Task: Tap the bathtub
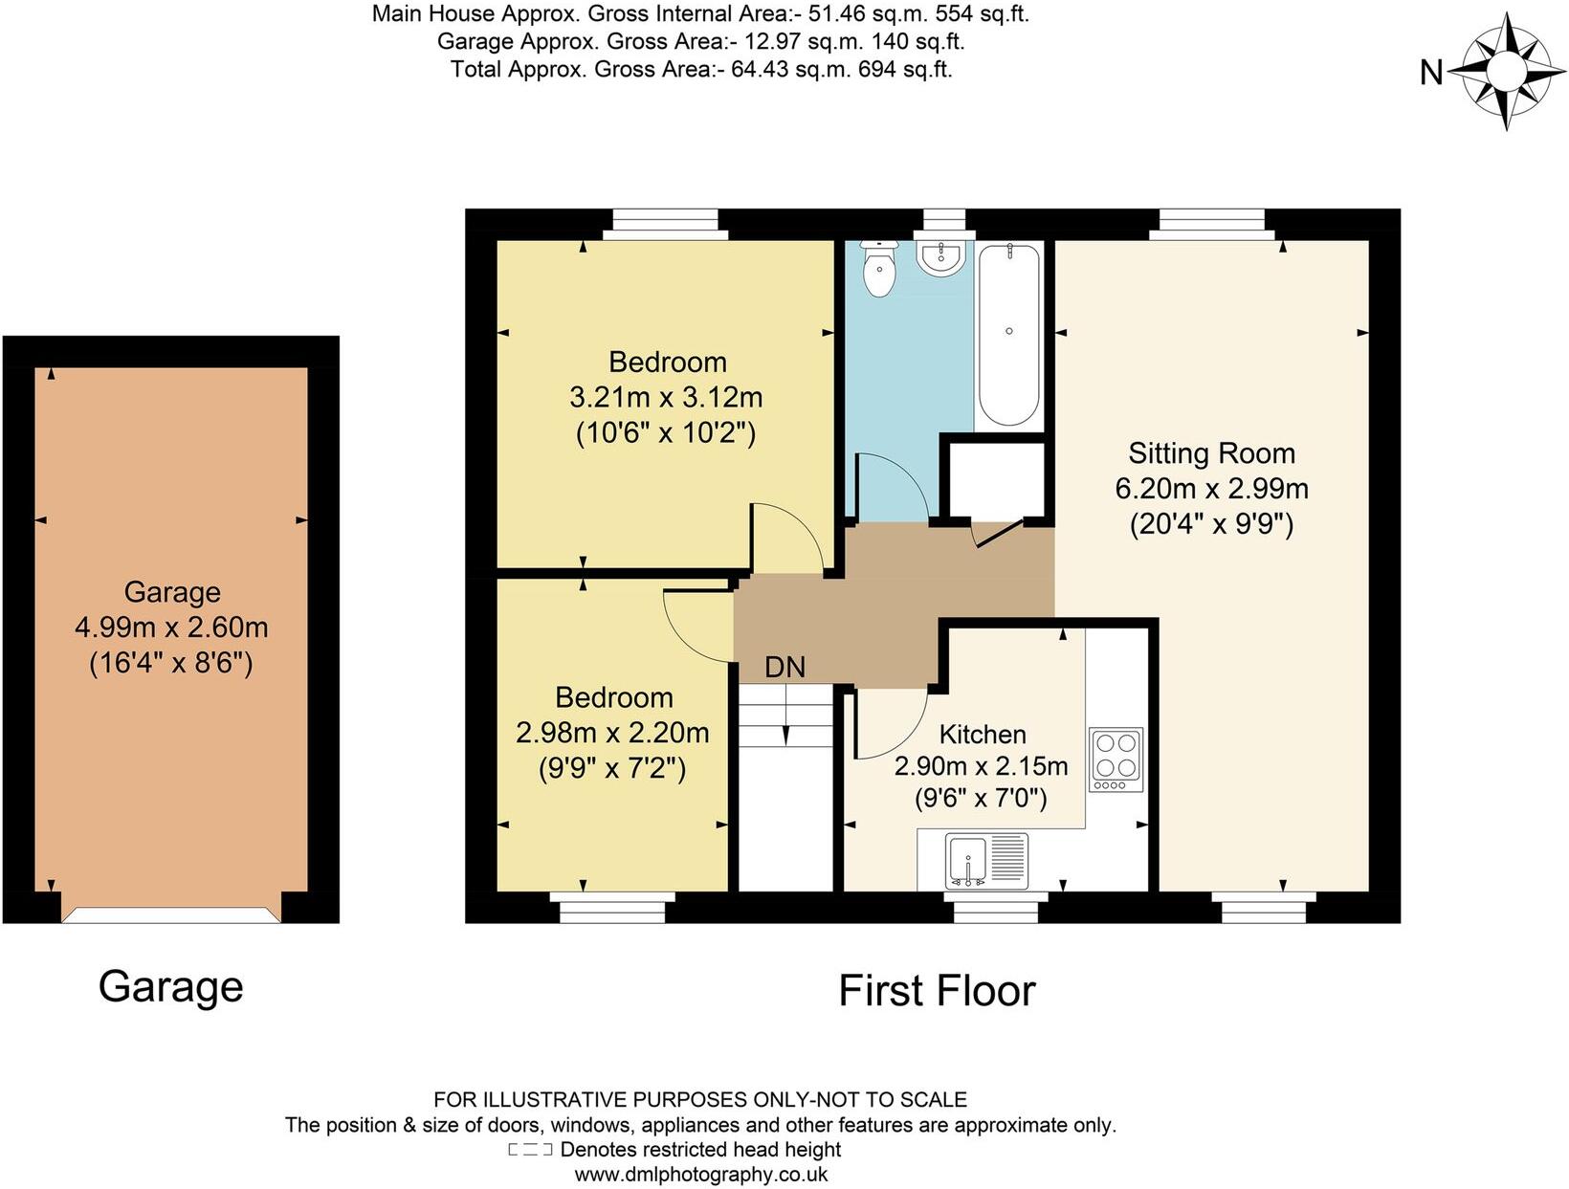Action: (1009, 335)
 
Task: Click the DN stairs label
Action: (784, 667)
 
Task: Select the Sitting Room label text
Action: (1211, 452)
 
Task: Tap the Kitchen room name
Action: (983, 734)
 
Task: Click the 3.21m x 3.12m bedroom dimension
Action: (666, 397)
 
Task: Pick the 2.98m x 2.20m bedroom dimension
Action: (612, 733)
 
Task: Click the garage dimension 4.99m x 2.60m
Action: (171, 628)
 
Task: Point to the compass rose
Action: (1507, 71)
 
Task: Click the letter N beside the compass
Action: (1431, 72)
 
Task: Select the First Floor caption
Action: (937, 990)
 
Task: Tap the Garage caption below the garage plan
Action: (171, 985)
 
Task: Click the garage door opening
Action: (171, 915)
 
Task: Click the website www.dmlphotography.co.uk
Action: (700, 1175)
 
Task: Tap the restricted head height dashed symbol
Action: (531, 1150)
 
